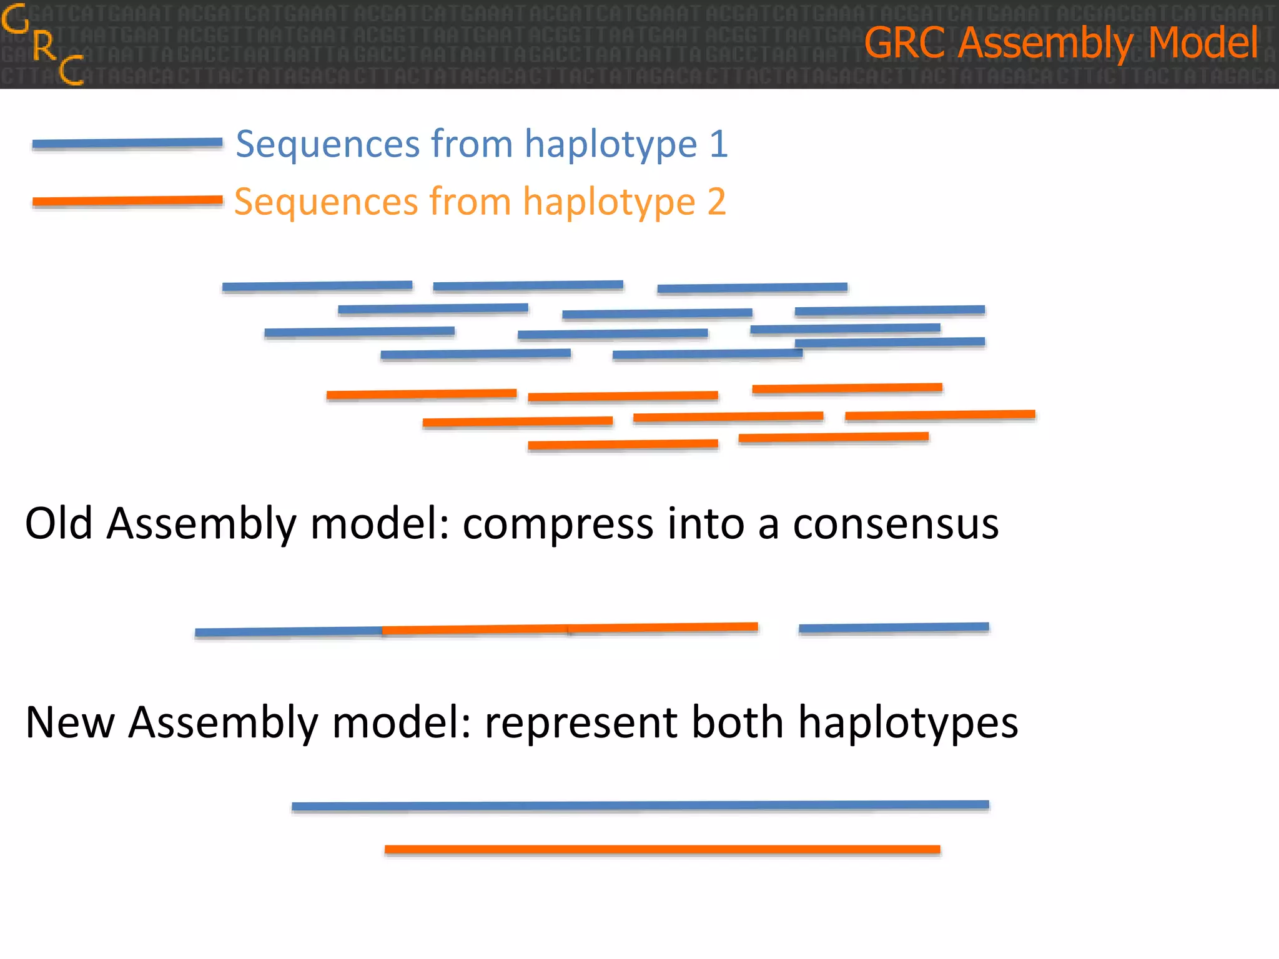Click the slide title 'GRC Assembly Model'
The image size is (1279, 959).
click(x=1060, y=42)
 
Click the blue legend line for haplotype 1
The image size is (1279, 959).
click(x=127, y=144)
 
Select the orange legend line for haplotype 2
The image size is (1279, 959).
click(x=127, y=201)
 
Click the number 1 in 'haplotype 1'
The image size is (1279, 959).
click(x=719, y=144)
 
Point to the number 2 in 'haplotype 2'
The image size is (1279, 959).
click(x=716, y=202)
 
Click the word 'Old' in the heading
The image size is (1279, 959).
click(x=59, y=523)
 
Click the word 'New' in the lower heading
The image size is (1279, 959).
click(x=69, y=722)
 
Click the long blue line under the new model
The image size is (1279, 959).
click(x=640, y=805)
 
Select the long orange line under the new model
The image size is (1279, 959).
click(x=662, y=849)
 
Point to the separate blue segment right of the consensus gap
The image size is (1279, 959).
click(x=894, y=627)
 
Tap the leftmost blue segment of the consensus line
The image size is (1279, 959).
click(x=289, y=632)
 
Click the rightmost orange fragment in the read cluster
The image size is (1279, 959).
click(x=940, y=415)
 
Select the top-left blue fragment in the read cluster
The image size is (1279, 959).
click(x=317, y=286)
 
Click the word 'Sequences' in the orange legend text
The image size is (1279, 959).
click(x=326, y=202)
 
